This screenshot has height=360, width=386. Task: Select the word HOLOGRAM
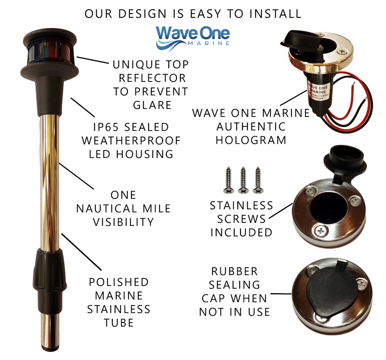pyautogui.click(x=251, y=140)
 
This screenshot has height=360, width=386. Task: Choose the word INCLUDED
pyautogui.click(x=241, y=232)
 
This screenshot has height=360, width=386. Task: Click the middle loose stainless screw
pyautogui.click(x=243, y=180)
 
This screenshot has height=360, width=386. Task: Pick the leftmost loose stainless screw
pyautogui.click(x=228, y=180)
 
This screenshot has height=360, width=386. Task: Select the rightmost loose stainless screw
pyautogui.click(x=257, y=180)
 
